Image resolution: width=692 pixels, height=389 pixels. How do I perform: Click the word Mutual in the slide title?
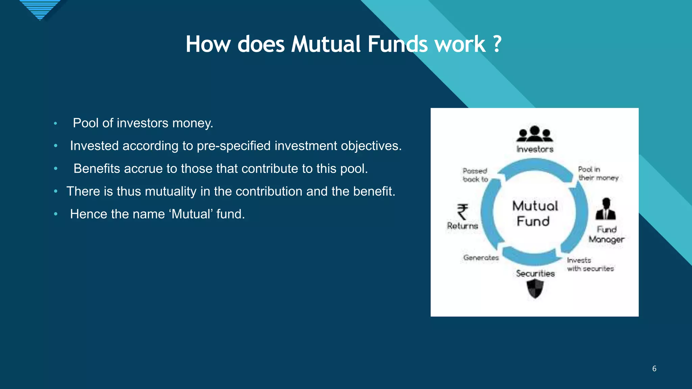[326, 44]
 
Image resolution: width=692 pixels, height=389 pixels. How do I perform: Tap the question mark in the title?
[497, 44]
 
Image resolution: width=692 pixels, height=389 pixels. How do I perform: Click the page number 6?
[654, 368]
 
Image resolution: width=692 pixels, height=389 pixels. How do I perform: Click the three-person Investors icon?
[535, 134]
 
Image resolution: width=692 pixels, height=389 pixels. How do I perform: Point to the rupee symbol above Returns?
[463, 212]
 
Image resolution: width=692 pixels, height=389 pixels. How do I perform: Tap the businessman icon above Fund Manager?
[606, 209]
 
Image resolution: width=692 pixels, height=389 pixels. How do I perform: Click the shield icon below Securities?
[535, 289]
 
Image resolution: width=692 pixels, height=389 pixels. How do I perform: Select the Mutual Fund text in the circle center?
[535, 213]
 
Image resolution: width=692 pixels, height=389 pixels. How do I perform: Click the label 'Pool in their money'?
[597, 174]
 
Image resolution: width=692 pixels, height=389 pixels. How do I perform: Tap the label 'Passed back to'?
[475, 175]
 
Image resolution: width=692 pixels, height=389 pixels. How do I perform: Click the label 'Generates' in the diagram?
[481, 258]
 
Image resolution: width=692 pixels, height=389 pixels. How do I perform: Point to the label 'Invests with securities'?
[590, 264]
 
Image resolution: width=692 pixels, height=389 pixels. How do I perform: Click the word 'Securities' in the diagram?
[535, 274]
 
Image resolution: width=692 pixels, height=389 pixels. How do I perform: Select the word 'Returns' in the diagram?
[462, 226]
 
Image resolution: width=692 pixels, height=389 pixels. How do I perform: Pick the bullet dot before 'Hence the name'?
[56, 214]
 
